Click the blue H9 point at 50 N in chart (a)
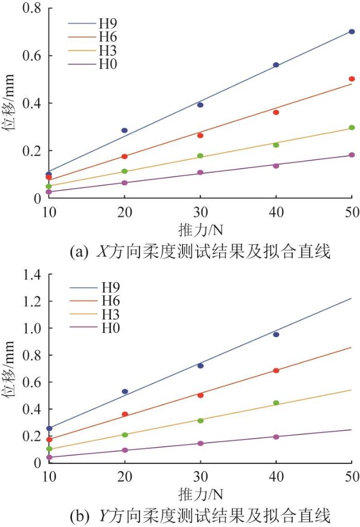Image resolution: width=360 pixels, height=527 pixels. (352, 31)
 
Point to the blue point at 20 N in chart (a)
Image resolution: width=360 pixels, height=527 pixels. (124, 130)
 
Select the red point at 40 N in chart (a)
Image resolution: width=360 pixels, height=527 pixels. (276, 112)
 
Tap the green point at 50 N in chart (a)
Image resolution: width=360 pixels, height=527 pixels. (352, 128)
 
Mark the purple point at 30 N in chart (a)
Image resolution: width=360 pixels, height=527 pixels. (201, 173)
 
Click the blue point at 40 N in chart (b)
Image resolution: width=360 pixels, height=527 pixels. (276, 334)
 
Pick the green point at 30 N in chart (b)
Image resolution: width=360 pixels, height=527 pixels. (201, 421)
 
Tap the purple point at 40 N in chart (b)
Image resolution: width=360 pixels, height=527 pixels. (276, 437)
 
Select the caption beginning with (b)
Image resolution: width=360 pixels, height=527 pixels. (200, 515)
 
